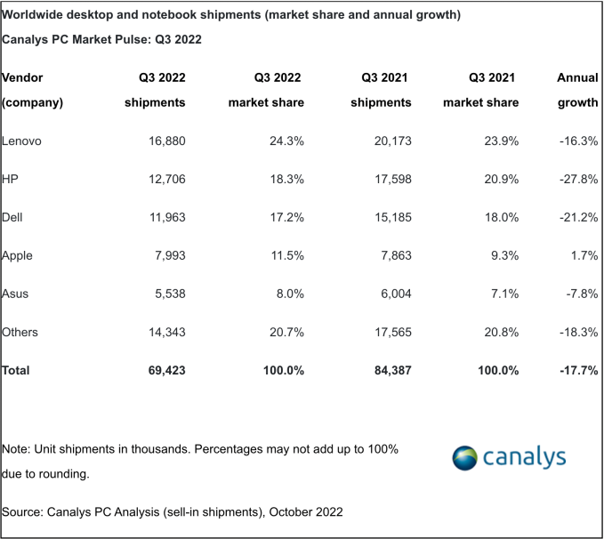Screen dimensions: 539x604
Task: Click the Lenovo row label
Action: tap(22, 141)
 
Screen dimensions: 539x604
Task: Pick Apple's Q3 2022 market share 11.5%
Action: tap(285, 256)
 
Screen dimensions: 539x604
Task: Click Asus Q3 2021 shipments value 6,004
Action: tap(391, 294)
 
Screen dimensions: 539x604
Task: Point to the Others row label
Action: tap(20, 332)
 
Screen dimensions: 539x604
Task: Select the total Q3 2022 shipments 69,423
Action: tap(158, 370)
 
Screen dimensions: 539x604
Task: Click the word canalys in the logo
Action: tap(524, 458)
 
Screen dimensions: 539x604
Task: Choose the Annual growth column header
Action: tap(577, 90)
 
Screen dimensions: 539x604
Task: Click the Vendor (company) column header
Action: tap(33, 90)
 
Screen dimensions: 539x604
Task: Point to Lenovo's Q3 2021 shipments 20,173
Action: tap(387, 141)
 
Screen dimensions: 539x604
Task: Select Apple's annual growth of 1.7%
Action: tap(582, 256)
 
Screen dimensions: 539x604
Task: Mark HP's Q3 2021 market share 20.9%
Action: tap(498, 180)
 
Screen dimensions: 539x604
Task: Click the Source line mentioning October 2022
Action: tap(173, 512)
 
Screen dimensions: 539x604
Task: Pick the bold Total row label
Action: tap(16, 370)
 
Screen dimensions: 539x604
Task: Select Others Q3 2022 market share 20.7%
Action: tap(284, 332)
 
